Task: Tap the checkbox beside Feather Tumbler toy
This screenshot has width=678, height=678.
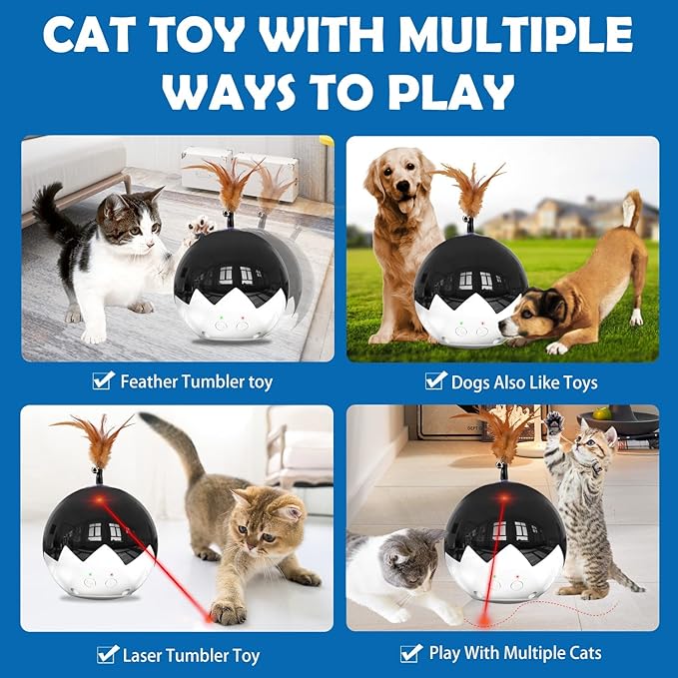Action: pyautogui.click(x=103, y=380)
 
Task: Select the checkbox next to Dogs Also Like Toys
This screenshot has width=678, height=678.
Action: pyautogui.click(x=435, y=380)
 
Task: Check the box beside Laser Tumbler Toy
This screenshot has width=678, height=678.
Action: pyautogui.click(x=107, y=655)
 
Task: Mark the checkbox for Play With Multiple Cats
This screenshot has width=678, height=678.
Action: pyautogui.click(x=410, y=654)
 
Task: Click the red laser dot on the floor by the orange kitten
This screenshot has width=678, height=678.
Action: pyautogui.click(x=211, y=615)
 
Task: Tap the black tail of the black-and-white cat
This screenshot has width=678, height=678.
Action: pyautogui.click(x=47, y=207)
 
